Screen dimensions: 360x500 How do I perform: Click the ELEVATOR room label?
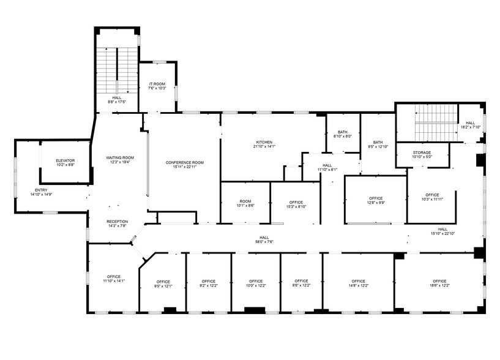pyautogui.click(x=65, y=160)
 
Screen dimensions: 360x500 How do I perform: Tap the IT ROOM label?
pyautogui.click(x=157, y=84)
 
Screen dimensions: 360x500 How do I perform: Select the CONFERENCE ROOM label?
pyautogui.click(x=185, y=162)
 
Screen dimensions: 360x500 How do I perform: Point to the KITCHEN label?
pyautogui.click(x=264, y=142)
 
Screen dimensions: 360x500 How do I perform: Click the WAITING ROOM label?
pyautogui.click(x=119, y=157)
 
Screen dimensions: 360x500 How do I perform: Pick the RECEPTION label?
pyautogui.click(x=117, y=221)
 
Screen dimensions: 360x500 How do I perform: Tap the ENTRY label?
pyautogui.click(x=41, y=190)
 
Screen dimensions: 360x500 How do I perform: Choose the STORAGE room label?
pyautogui.click(x=422, y=152)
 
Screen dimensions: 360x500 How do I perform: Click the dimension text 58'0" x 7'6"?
pyautogui.click(x=264, y=242)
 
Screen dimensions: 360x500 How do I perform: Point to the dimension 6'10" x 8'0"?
pyautogui.click(x=342, y=137)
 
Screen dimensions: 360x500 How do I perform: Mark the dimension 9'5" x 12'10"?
pyautogui.click(x=378, y=147)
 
